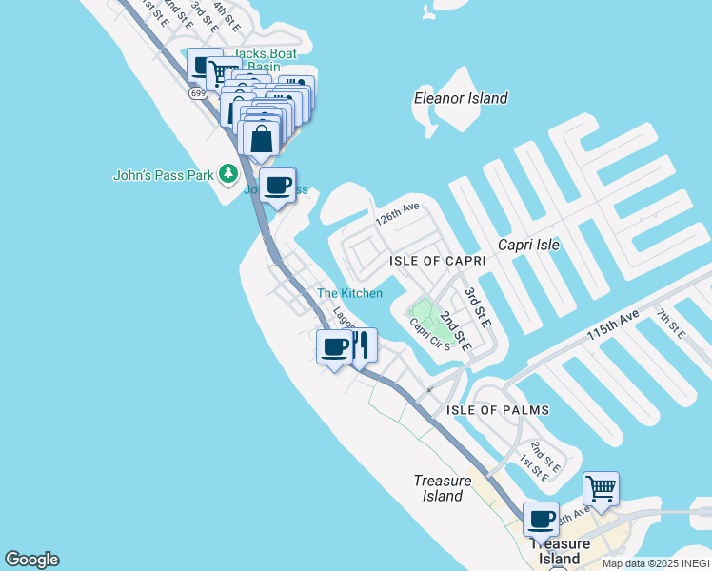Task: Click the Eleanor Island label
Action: coord(461,98)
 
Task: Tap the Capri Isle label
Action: coord(528,245)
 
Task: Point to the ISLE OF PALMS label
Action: coord(498,410)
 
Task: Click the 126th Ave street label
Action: coord(397,219)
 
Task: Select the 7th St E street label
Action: coord(670,323)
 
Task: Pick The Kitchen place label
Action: coord(349,293)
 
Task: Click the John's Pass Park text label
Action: coord(164,175)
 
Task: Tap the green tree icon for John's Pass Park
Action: coord(227,173)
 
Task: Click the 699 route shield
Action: coord(197,93)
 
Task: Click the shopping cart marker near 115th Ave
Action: coord(601,489)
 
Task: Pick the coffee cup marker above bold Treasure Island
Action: coord(541,520)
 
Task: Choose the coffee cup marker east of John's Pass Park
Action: coord(277,185)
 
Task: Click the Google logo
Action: coord(31,560)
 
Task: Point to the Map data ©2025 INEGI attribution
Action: coord(656,563)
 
